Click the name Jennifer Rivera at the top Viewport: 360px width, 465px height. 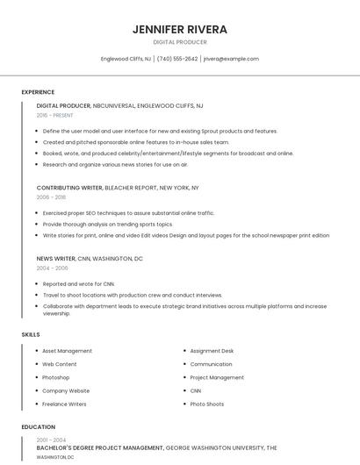tap(179, 29)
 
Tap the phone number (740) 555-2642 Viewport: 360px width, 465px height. tap(177, 59)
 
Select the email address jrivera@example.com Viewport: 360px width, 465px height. tap(231, 59)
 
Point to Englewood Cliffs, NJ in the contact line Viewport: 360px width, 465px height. tap(126, 59)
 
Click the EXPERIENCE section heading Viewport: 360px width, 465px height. tap(38, 92)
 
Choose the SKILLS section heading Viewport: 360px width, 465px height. tap(31, 334)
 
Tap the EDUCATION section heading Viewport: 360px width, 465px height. tap(38, 427)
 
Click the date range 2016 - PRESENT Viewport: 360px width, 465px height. tap(54, 115)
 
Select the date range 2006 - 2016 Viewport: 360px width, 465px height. tap(51, 197)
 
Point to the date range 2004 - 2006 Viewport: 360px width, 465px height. tap(51, 268)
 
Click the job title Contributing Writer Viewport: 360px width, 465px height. tap(69, 188)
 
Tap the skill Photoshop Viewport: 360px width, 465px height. tap(56, 377)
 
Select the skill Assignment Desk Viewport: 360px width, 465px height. tap(212, 351)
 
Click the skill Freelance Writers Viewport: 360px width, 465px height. tap(64, 404)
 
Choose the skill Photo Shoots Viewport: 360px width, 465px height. tap(206, 404)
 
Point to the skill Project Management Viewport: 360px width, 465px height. tap(217, 377)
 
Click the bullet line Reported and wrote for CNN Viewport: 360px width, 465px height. tap(79, 284)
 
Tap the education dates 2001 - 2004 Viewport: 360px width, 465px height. tap(51, 440)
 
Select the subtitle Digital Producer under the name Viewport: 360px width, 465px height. tap(179, 42)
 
